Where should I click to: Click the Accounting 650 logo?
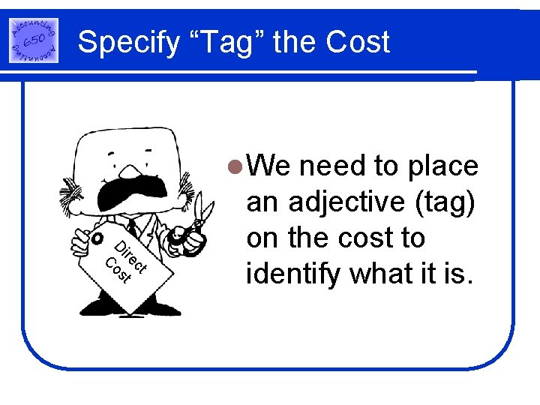click(x=34, y=40)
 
